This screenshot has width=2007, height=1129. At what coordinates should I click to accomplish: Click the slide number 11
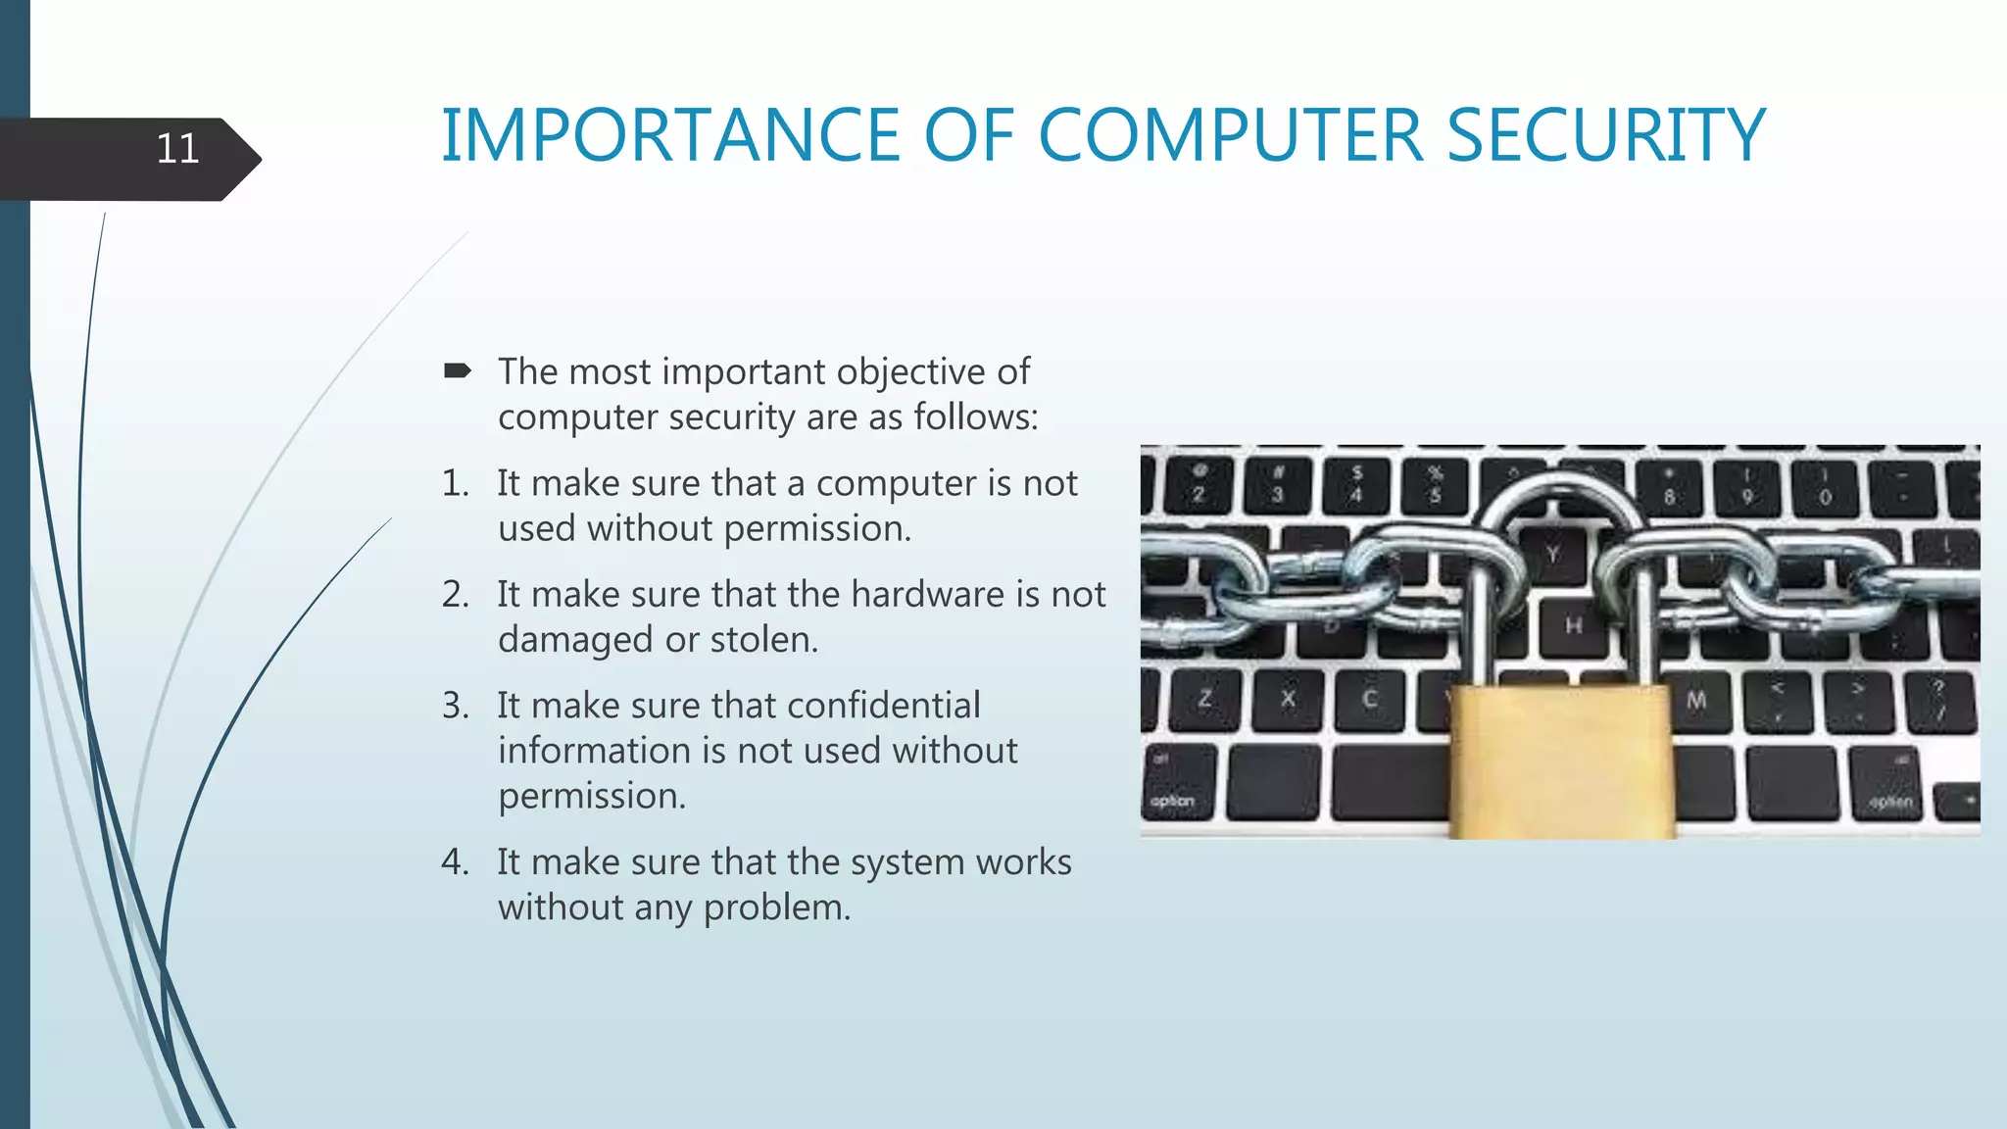[177, 150]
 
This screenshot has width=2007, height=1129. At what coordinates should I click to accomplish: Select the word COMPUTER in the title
[1229, 135]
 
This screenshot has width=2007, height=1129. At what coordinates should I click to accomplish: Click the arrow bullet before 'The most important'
[457, 370]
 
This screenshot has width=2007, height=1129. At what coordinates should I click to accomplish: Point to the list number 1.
[455, 483]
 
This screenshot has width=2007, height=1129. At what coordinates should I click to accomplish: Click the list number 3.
[455, 706]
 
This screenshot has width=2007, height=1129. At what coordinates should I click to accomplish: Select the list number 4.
[455, 862]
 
